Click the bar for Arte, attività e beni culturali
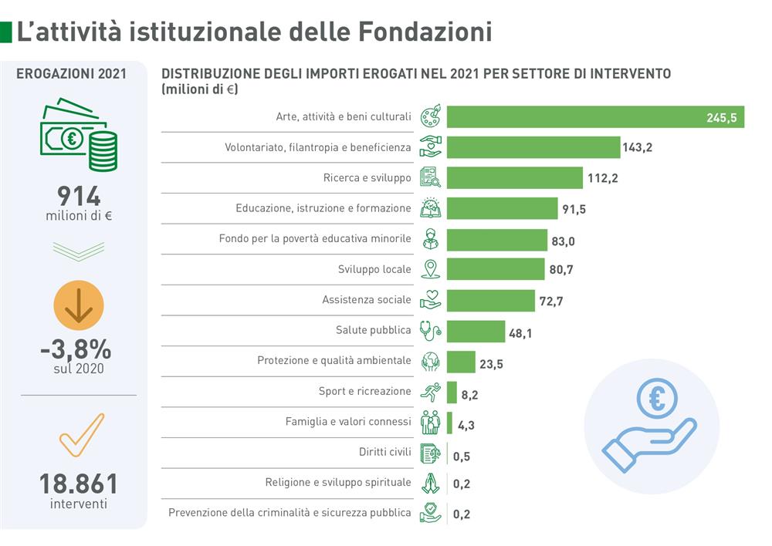click(594, 116)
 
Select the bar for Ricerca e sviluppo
click(514, 177)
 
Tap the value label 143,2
click(637, 147)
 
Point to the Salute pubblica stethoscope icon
click(430, 331)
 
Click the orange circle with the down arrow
click(79, 306)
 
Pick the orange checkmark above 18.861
click(81, 435)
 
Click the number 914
click(79, 196)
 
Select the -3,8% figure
click(76, 349)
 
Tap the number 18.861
click(79, 484)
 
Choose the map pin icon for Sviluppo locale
click(430, 269)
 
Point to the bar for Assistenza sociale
click(490, 300)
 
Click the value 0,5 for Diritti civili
click(462, 456)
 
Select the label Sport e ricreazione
click(364, 391)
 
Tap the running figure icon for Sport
click(430, 393)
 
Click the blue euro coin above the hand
click(656, 399)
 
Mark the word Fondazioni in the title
click(425, 32)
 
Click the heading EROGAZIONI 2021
click(71, 74)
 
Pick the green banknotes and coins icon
click(79, 136)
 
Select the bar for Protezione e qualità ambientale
click(461, 362)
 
